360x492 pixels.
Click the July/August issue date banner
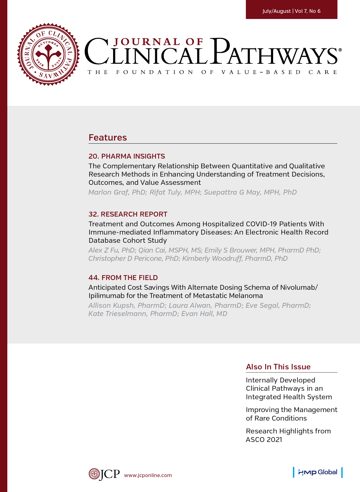(291, 11)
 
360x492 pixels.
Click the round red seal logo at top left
(48, 54)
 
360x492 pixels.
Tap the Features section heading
(108, 138)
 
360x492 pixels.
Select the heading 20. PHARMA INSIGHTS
(127, 156)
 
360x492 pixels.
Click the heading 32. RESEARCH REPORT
(128, 214)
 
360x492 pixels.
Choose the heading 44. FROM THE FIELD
(123, 278)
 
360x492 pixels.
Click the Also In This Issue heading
(278, 367)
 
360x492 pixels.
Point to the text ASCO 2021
(264, 440)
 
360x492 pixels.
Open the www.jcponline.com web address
(148, 475)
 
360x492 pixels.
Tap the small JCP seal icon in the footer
(94, 474)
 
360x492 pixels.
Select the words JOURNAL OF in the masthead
(158, 42)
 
